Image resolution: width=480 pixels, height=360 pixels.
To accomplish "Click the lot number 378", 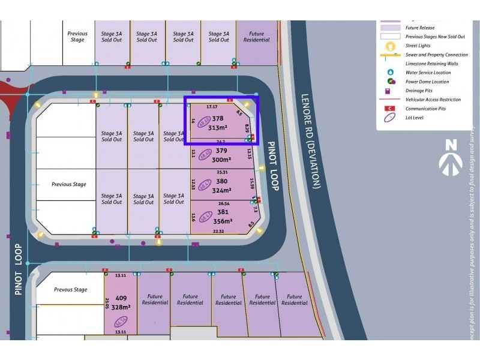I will pos(218,119).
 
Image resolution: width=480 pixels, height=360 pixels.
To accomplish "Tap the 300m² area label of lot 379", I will pos(221,160).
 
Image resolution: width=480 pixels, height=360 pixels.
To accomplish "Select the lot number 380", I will pos(221,181).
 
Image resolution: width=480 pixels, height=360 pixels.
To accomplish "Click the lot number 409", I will pos(121,298).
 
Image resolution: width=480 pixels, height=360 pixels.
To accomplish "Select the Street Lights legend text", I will pos(418,46).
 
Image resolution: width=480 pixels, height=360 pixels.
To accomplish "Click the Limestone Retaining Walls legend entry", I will pos(431,64).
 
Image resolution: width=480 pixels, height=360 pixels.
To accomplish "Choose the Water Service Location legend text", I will pos(428,73).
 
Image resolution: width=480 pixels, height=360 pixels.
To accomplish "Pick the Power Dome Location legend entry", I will pos(427,82).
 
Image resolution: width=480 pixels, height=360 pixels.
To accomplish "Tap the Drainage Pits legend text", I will pos(419,91).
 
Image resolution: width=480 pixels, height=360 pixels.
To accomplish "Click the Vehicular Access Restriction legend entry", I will pos(433,100).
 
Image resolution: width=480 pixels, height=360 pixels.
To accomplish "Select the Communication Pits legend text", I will pos(425,109).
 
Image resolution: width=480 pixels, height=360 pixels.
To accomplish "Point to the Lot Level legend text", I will pos(415,118).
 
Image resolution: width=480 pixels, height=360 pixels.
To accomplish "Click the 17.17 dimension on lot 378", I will pos(211,107).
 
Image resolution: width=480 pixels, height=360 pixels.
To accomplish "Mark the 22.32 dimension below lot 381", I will pos(218,231).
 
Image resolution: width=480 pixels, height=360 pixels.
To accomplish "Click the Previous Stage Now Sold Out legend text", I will pos(435,37).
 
